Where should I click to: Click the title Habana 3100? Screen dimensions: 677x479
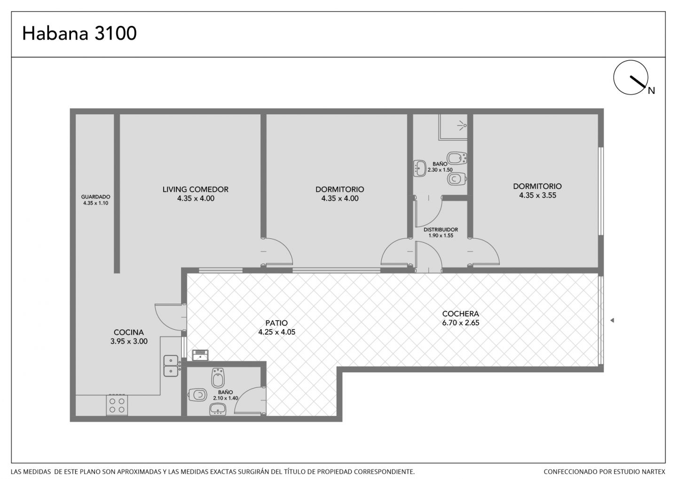79,33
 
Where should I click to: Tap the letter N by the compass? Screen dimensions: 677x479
651,90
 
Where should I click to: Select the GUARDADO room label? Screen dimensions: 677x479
95,197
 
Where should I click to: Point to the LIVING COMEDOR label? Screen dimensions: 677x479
196,189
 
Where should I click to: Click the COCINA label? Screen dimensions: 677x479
129,332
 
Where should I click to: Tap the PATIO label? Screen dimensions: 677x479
276,323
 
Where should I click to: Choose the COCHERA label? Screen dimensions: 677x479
461,314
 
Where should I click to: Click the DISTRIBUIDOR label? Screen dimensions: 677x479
441,230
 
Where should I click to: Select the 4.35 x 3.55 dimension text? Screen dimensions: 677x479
538,196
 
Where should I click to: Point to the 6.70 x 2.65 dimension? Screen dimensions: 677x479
461,323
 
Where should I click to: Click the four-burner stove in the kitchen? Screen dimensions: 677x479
117,405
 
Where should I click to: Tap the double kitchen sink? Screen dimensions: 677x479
171,366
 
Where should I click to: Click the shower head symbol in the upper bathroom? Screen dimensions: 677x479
462,125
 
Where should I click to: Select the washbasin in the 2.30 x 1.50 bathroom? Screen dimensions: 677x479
420,168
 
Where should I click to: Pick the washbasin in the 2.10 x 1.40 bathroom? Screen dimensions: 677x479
218,409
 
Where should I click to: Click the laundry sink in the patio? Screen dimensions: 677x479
200,355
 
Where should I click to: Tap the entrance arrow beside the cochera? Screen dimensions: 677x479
612,320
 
